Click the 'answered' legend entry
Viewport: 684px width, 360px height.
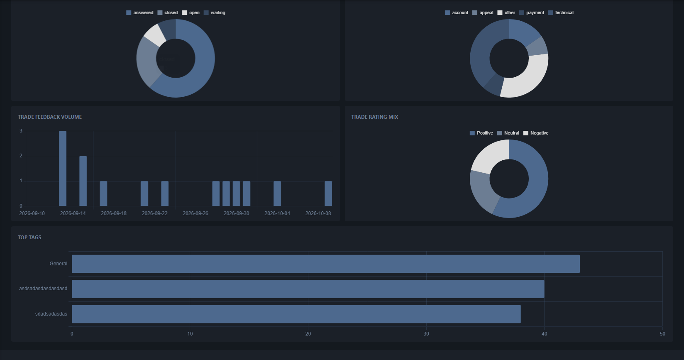139,12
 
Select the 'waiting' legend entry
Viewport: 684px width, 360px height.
214,12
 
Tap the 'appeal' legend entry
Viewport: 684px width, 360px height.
483,12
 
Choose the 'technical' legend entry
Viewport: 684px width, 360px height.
561,12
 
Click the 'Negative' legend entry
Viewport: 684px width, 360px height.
536,133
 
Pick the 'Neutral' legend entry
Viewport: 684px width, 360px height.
508,133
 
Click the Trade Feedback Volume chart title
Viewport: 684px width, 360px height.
50,117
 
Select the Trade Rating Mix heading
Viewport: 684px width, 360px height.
375,117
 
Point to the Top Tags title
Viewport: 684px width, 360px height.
29,237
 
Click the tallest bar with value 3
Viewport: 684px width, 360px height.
63,169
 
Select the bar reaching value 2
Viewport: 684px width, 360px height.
83,181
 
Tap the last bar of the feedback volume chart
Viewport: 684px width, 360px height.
328,193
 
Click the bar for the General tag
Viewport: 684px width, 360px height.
326,264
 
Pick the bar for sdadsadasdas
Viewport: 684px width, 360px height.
296,314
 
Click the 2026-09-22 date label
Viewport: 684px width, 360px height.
154,213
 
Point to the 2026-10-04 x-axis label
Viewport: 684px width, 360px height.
277,213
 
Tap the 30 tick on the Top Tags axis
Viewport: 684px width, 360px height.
426,334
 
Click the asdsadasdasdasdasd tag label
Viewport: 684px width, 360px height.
43,289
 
